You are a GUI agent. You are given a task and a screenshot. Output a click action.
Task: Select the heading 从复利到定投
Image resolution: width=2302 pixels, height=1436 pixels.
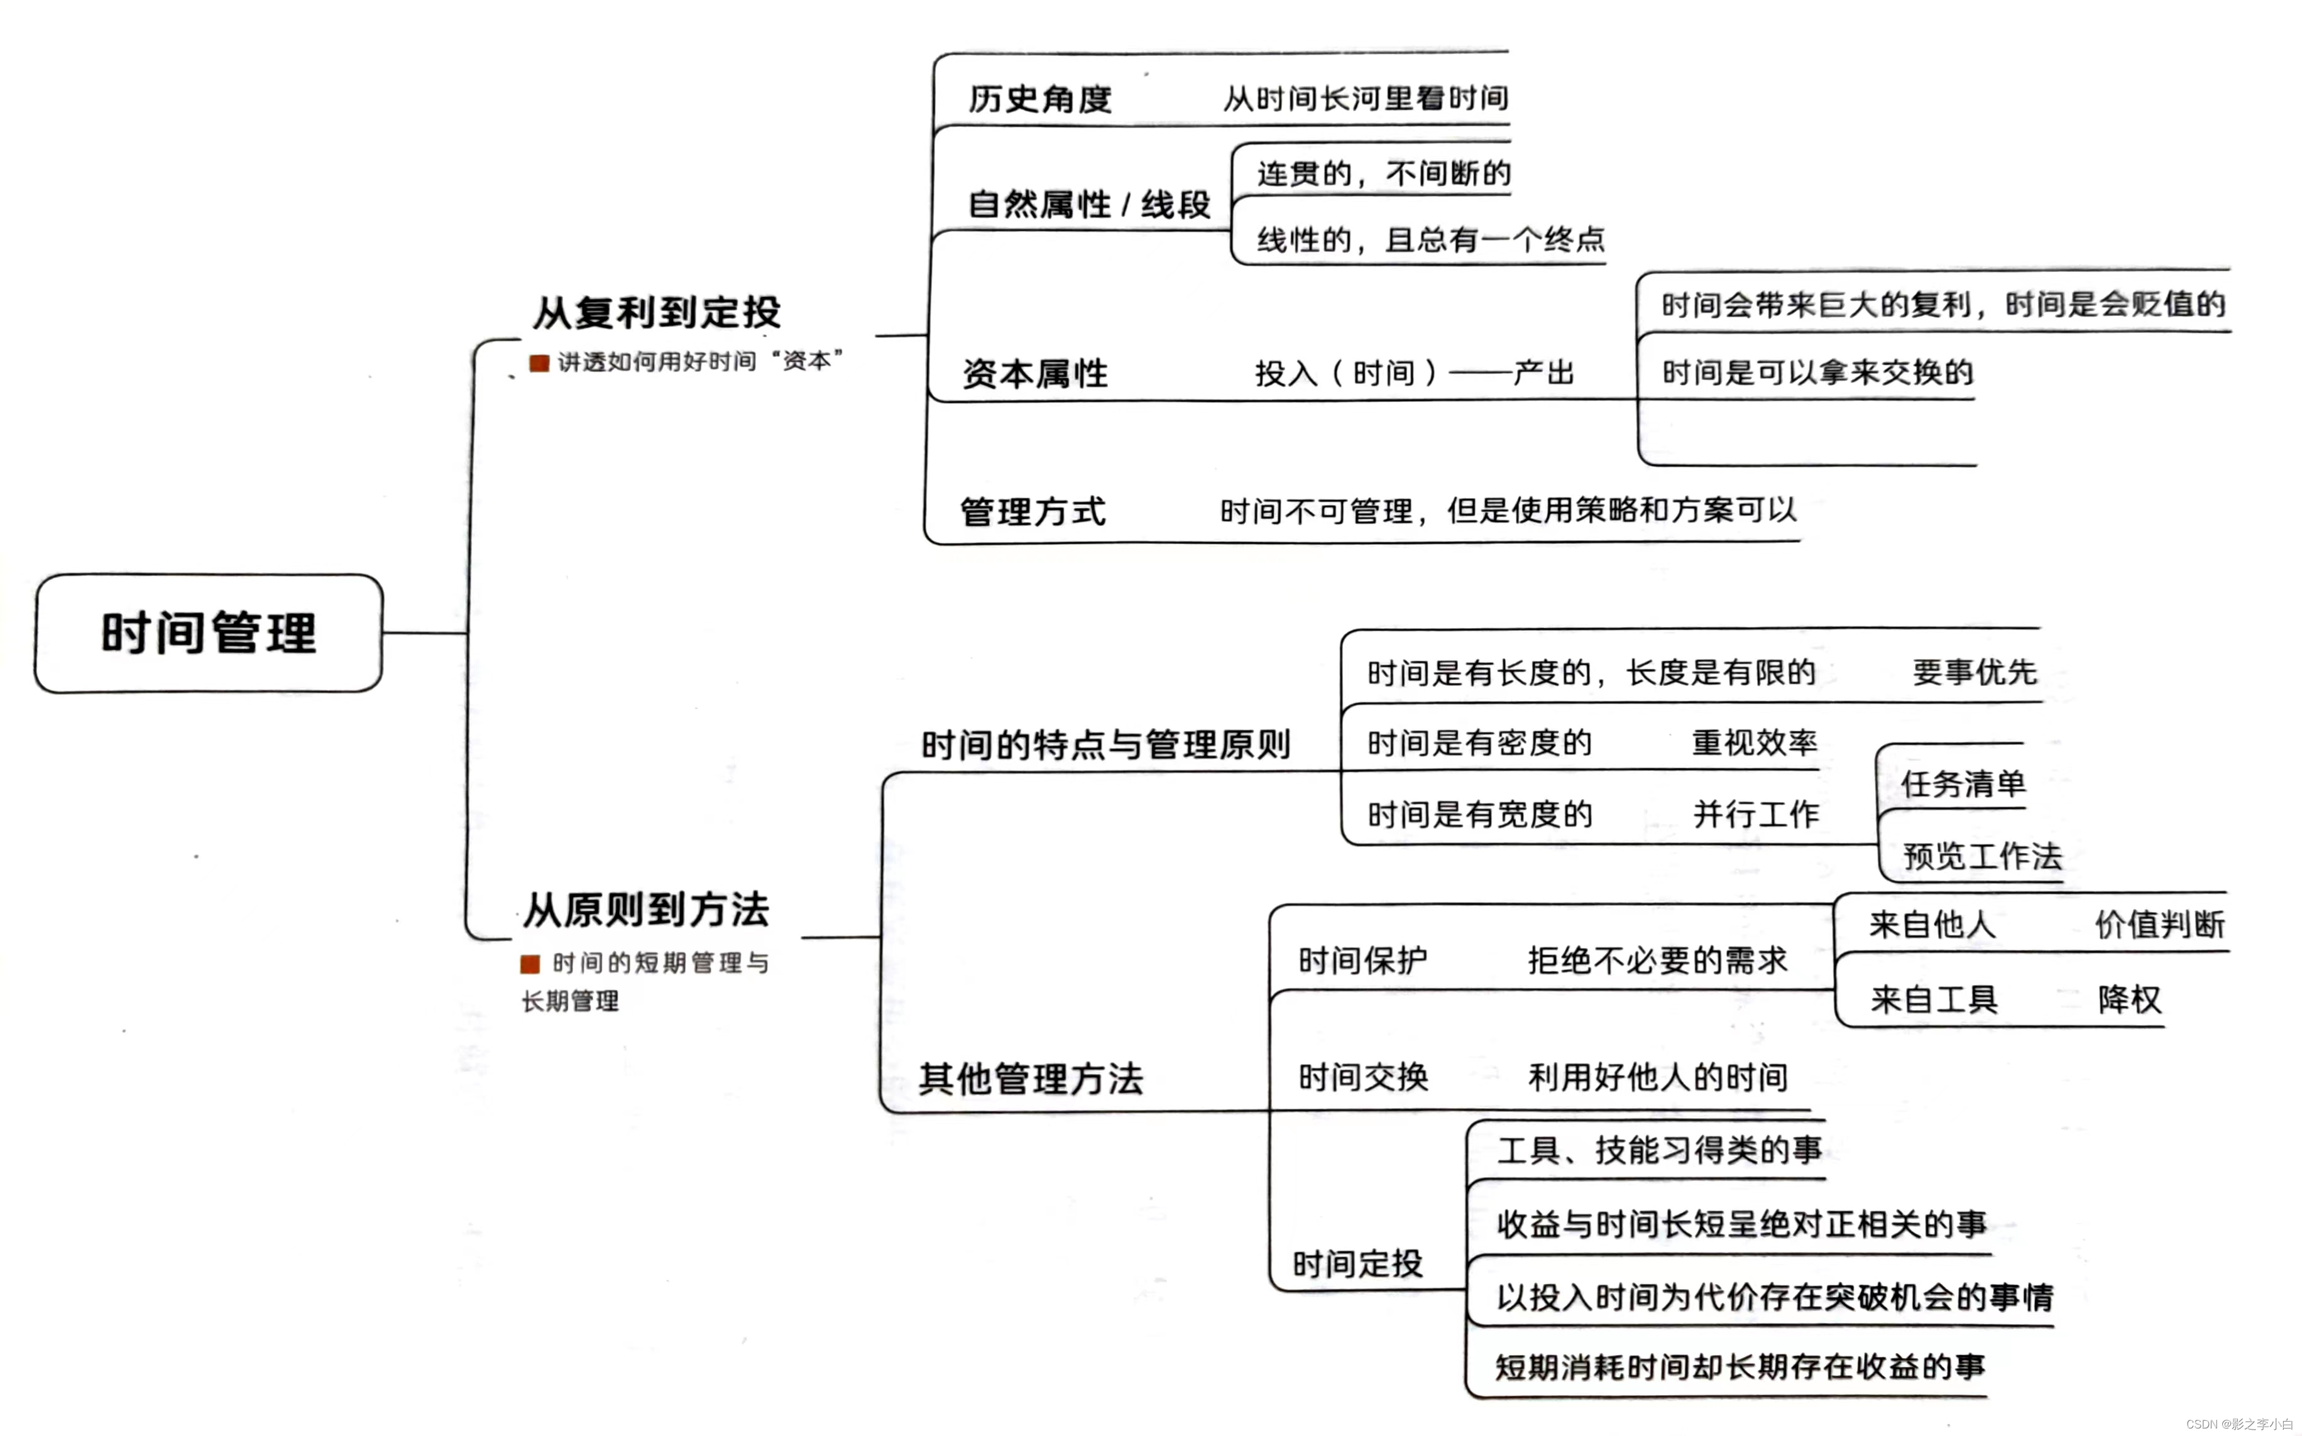(x=657, y=312)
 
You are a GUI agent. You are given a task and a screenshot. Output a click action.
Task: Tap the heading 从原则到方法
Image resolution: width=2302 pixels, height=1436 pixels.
(x=646, y=909)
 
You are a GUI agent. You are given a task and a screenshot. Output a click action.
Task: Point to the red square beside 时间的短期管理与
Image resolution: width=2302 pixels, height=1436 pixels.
(x=530, y=964)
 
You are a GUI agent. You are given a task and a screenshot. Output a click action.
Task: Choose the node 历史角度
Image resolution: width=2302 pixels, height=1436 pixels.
(x=1039, y=99)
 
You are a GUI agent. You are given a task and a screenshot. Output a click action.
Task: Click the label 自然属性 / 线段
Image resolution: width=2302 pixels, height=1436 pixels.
(x=1088, y=204)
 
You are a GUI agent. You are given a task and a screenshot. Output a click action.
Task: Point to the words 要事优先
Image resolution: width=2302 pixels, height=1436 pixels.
(x=1974, y=672)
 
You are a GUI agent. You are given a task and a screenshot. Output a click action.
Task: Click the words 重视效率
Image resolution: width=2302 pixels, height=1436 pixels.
(x=1754, y=742)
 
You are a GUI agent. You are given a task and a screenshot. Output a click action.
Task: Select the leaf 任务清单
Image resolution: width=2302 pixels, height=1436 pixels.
(x=1963, y=783)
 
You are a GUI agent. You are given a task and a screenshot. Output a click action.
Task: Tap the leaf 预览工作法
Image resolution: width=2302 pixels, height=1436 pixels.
(x=1982, y=856)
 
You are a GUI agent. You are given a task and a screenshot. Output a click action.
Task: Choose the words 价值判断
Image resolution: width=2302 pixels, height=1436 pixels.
(x=2159, y=924)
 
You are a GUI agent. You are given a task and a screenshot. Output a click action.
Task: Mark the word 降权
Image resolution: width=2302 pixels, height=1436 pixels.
(x=2129, y=999)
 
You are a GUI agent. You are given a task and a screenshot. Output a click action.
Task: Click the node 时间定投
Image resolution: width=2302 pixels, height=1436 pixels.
(x=1357, y=1264)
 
